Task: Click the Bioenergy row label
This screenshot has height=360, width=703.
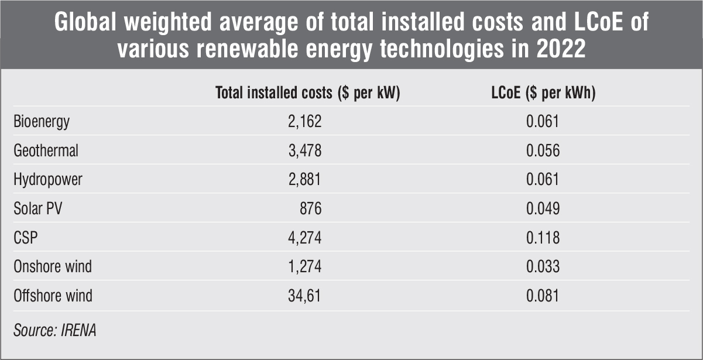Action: click(x=42, y=122)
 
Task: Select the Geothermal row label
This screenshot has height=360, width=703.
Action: click(x=46, y=150)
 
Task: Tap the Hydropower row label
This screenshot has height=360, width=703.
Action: click(x=48, y=180)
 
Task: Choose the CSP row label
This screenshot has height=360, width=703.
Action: click(x=26, y=238)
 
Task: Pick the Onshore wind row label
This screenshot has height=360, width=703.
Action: click(x=53, y=267)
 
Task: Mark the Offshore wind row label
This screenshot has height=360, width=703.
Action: click(x=53, y=296)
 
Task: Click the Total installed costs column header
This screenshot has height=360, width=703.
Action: click(x=307, y=93)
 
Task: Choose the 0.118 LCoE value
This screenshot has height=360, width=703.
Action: click(x=543, y=238)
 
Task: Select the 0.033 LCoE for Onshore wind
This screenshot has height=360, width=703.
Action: click(x=543, y=267)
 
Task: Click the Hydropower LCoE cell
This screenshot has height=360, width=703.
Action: click(x=543, y=180)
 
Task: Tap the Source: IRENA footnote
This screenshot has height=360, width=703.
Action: click(x=55, y=330)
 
